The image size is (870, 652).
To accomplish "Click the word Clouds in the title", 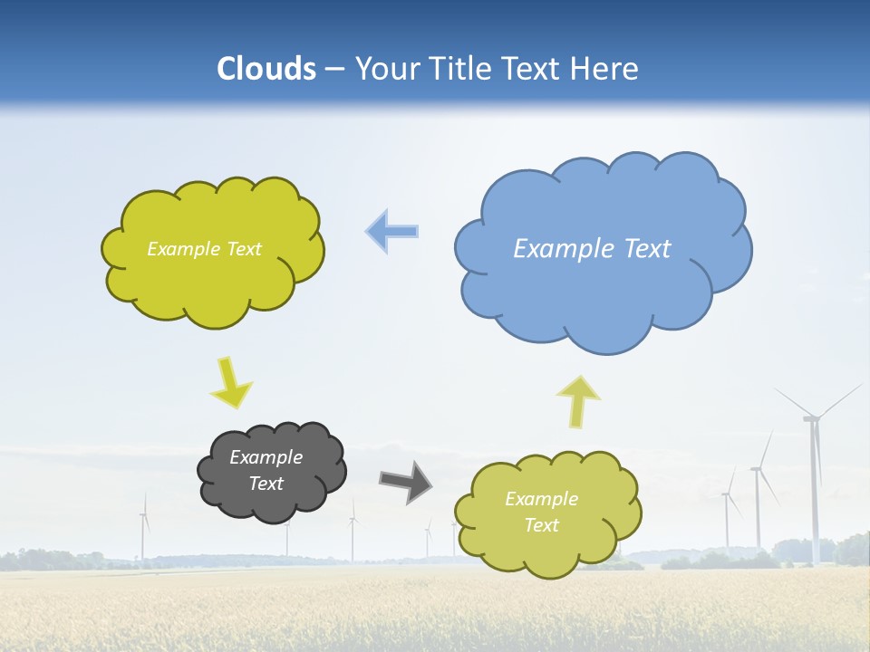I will coord(266,69).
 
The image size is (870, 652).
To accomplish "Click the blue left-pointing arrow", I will coord(391,231).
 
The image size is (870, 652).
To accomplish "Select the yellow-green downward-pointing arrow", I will coord(230,382).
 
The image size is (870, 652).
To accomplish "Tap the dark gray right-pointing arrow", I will coord(405,481).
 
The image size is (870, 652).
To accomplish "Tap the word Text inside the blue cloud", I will coord(648,249).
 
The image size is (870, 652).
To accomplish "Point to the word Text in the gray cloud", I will coord(266,484).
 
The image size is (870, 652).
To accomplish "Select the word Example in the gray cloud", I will coord(266,457).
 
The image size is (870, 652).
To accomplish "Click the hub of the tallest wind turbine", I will coord(811,417).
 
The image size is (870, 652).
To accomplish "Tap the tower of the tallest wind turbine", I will coord(815,498).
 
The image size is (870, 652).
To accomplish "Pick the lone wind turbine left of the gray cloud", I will coord(143,530).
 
